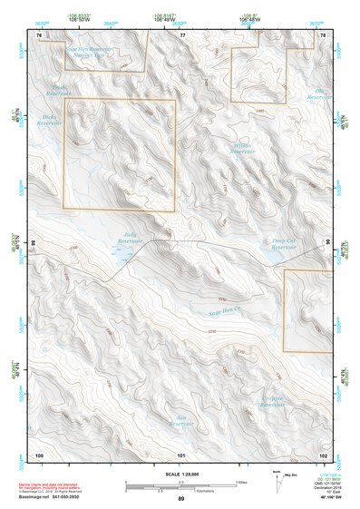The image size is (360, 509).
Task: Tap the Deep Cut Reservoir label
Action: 284,243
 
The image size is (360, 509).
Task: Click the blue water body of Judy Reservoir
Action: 118,258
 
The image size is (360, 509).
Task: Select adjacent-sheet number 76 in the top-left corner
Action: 39,34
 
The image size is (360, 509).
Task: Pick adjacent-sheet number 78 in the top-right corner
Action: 323,34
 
